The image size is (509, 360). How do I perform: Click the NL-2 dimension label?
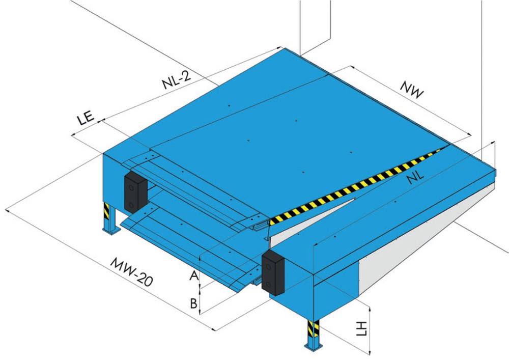(177, 79)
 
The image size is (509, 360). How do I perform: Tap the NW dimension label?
(412, 89)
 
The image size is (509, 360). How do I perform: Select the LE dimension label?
(86, 118)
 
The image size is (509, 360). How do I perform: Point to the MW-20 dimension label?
(131, 272)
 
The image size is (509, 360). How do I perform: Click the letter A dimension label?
(194, 276)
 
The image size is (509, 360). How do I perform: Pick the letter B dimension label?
(193, 303)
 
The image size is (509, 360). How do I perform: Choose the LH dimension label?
(361, 328)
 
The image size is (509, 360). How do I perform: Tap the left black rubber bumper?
(136, 192)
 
